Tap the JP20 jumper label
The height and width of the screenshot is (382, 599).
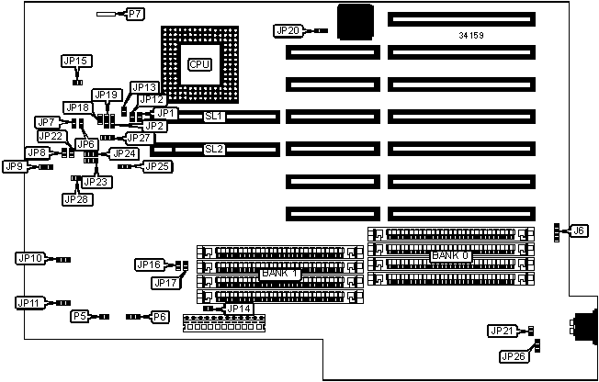click(288, 30)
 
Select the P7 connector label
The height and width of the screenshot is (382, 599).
click(134, 15)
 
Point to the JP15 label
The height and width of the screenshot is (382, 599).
click(75, 61)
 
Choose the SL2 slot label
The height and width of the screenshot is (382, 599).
click(214, 149)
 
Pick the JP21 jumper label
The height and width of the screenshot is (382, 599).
click(502, 331)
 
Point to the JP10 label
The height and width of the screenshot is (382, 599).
click(29, 259)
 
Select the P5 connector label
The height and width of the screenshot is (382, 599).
click(80, 317)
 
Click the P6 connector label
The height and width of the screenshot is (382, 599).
click(160, 317)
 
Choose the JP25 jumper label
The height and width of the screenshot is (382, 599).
click(157, 166)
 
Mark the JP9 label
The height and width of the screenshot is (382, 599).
click(14, 167)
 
